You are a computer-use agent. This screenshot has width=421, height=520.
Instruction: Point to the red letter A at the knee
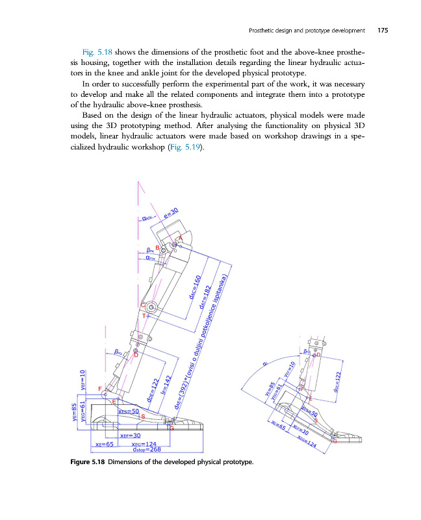coord(181,240)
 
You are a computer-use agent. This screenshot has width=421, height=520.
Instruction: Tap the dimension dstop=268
coord(146,448)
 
